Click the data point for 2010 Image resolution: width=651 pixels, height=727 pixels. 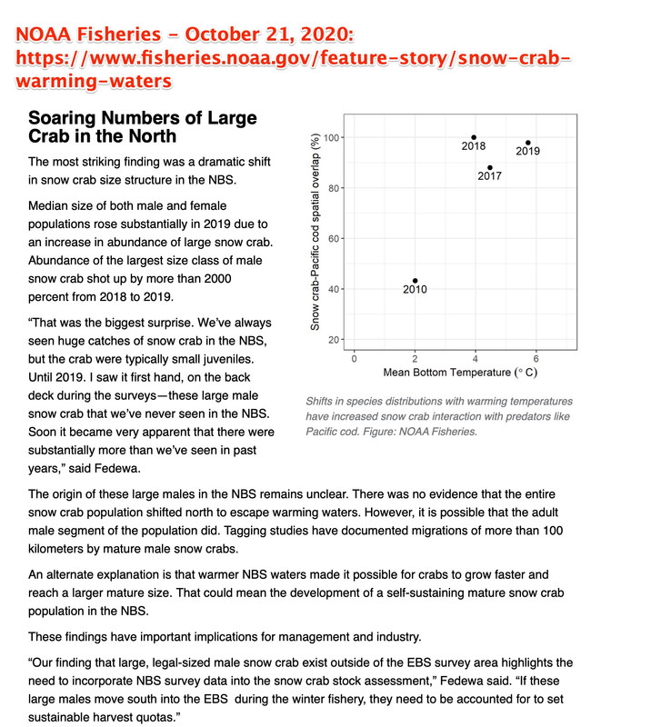[416, 281]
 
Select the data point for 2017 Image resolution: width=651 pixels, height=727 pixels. [490, 167]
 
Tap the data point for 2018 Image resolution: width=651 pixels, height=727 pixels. [474, 137]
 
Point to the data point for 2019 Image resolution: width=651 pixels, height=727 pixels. [528, 143]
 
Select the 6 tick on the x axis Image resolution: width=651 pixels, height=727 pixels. [536, 358]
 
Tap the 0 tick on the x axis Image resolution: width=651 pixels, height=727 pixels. [355, 358]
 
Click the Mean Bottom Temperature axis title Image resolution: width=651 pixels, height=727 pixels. [460, 373]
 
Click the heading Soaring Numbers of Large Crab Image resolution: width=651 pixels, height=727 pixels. [142, 127]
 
